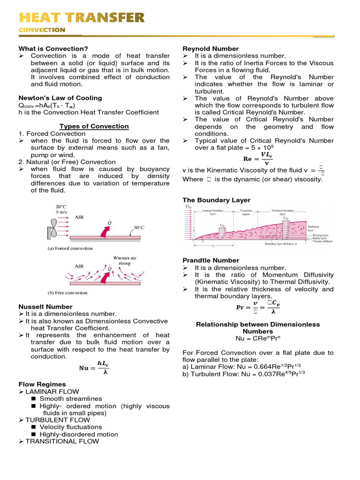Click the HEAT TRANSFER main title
pyautogui.click(x=82, y=18)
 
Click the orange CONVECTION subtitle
pyautogui.click(x=42, y=30)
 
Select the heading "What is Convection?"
pyautogui.click(x=53, y=49)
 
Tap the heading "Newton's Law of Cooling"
pyautogui.click(x=60, y=98)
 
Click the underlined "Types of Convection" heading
pyautogui.click(x=94, y=127)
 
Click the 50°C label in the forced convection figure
pyautogui.click(x=139, y=227)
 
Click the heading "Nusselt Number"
pyautogui.click(x=45, y=307)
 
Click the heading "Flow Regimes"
pyautogui.click(x=42, y=384)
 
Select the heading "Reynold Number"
pyautogui.click(x=210, y=49)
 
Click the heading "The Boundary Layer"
pyautogui.click(x=216, y=200)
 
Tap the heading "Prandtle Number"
pyautogui.click(x=210, y=260)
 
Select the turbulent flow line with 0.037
pyautogui.click(x=244, y=374)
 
